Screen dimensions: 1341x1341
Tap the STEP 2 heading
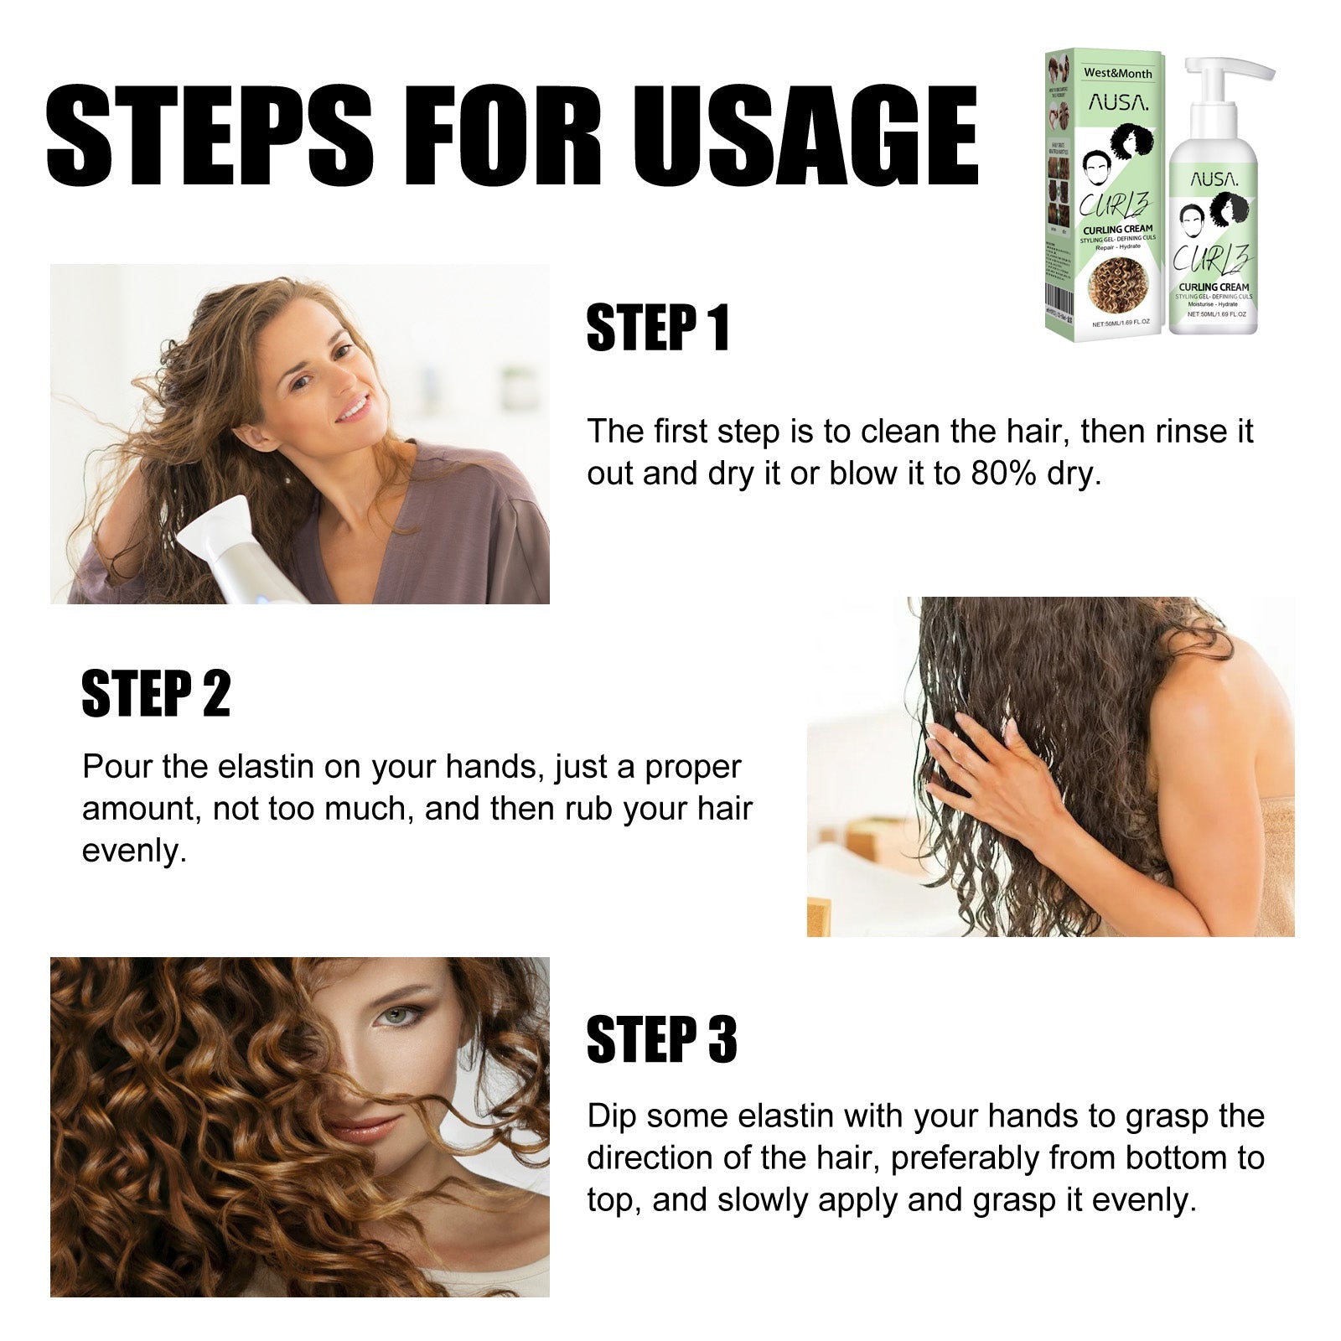(x=156, y=694)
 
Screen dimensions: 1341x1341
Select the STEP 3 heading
(x=661, y=1039)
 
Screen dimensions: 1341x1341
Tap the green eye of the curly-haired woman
(x=391, y=1017)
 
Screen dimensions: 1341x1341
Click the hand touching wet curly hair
(x=981, y=759)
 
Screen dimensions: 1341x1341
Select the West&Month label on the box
(x=1117, y=73)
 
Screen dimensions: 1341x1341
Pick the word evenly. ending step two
(x=134, y=852)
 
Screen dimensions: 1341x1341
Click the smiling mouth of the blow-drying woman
(x=352, y=408)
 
